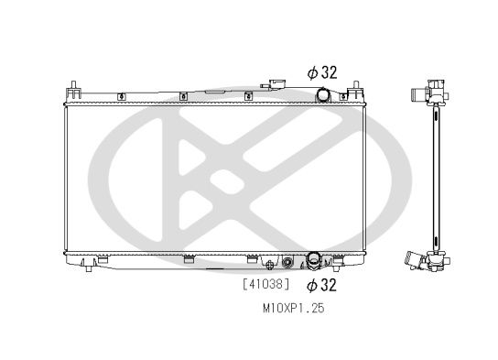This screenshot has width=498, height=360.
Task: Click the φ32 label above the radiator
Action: coord(321,71)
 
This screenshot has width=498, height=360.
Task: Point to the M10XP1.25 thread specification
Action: coord(287,309)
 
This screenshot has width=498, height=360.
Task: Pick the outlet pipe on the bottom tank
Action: coord(314,261)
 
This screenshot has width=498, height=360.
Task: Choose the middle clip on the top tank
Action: coord(183,94)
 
